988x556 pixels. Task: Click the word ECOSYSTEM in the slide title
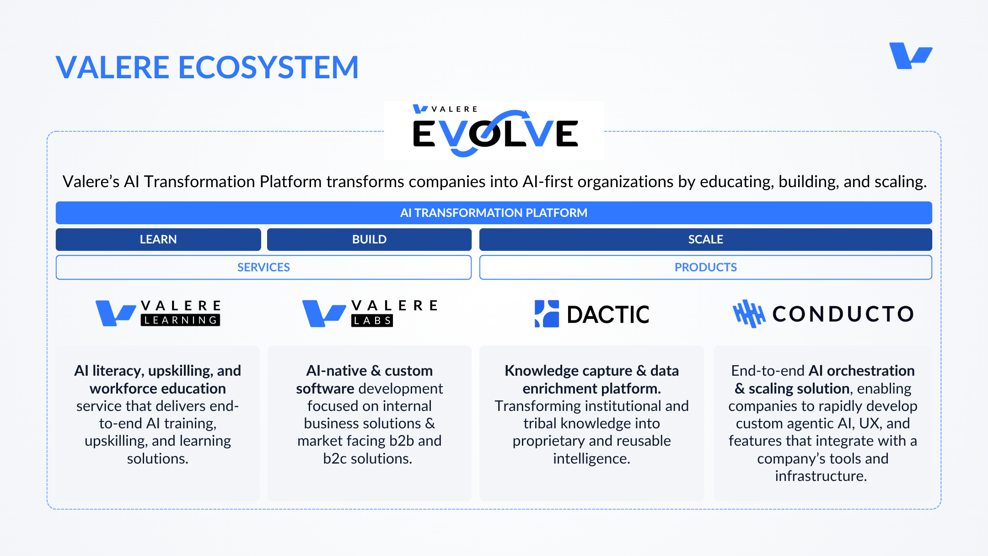pos(268,67)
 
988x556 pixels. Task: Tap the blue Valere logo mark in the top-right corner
pos(910,55)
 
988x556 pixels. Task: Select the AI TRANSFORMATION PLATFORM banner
pos(494,213)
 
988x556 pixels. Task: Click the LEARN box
pos(158,239)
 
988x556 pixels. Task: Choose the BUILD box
pos(369,239)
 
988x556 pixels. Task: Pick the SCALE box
pos(706,239)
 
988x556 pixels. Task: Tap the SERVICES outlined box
pos(263,267)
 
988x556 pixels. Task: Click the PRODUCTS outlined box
pos(706,267)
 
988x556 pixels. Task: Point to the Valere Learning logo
pos(158,313)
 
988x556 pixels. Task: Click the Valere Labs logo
pos(370,313)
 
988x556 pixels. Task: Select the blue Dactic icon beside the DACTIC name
pos(547,314)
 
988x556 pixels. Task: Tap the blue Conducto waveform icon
pos(749,314)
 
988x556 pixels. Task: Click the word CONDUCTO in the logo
pos(843,314)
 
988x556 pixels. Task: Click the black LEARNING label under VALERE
pos(180,320)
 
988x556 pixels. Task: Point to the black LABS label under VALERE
pos(372,321)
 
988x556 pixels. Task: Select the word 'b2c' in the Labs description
pos(335,459)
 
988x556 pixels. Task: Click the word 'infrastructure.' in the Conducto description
pos(821,476)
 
